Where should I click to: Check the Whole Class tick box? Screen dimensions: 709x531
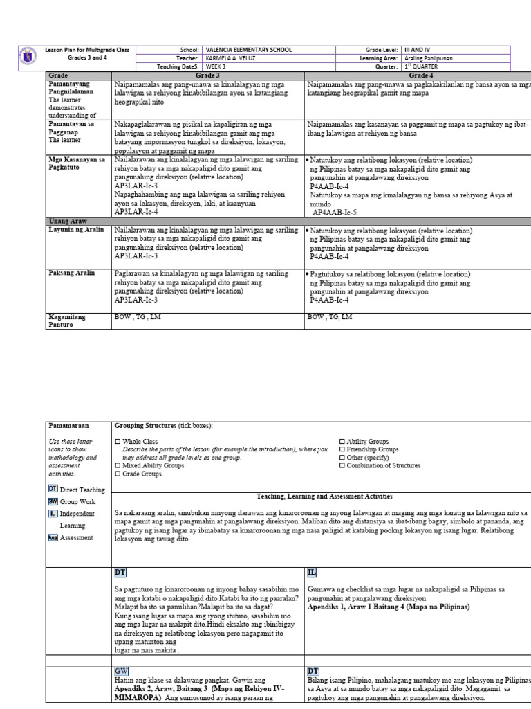118,441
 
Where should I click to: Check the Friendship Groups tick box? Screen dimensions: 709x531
342,449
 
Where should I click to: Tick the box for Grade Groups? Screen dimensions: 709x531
118,474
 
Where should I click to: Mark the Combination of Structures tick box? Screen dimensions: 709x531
342,466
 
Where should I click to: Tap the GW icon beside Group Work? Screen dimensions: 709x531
53,501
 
